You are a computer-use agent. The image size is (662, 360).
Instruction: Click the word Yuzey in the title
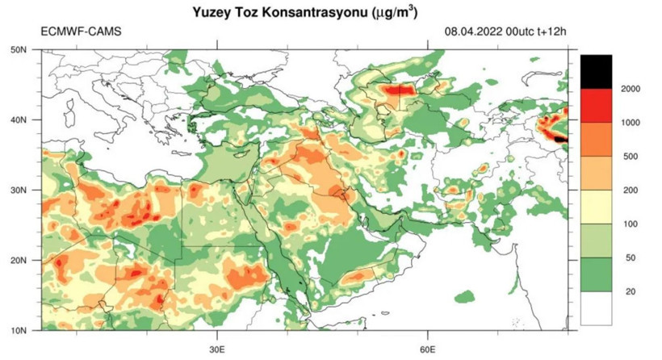pyautogui.click(x=212, y=13)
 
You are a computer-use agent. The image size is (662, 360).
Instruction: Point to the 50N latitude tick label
pyautogui.click(x=19, y=49)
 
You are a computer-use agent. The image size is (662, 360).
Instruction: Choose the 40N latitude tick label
pyautogui.click(x=19, y=119)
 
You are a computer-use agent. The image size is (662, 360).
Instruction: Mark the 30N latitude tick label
pyautogui.click(x=19, y=190)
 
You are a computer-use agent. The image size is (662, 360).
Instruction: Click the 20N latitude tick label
pyautogui.click(x=19, y=260)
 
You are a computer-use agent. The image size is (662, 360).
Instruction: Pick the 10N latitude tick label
pyautogui.click(x=19, y=330)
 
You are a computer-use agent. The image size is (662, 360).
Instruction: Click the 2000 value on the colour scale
pyautogui.click(x=631, y=88)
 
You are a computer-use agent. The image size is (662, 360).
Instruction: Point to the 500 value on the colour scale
pyautogui.click(x=631, y=157)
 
